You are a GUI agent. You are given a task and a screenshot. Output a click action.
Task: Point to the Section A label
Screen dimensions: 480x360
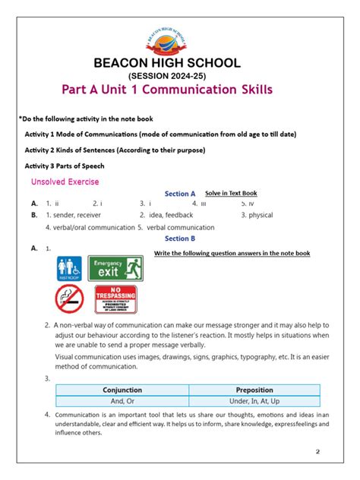tap(180, 194)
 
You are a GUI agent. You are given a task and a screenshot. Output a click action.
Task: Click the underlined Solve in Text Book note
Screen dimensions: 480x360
tap(231, 194)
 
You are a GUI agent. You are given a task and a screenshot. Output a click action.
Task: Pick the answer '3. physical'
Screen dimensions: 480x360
tap(257, 215)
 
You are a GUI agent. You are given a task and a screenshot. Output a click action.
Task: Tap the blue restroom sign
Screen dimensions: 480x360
tap(70, 268)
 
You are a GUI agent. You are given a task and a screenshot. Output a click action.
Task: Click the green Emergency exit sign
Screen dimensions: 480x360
tap(115, 267)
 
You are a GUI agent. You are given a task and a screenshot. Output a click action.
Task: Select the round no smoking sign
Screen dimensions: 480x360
tap(70, 299)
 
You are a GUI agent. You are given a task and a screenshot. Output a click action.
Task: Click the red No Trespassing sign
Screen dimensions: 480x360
tap(115, 299)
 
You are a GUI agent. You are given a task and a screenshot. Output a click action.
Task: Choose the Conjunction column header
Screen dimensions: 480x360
tap(122, 390)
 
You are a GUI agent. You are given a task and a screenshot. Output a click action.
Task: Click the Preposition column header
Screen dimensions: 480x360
tap(254, 390)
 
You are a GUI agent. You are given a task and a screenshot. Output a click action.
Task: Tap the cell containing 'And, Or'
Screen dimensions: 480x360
tap(122, 401)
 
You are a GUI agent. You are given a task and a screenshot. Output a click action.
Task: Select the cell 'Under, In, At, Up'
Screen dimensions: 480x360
tap(254, 401)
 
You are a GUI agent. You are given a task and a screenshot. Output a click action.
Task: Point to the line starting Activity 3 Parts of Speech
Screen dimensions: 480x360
tap(65, 166)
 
